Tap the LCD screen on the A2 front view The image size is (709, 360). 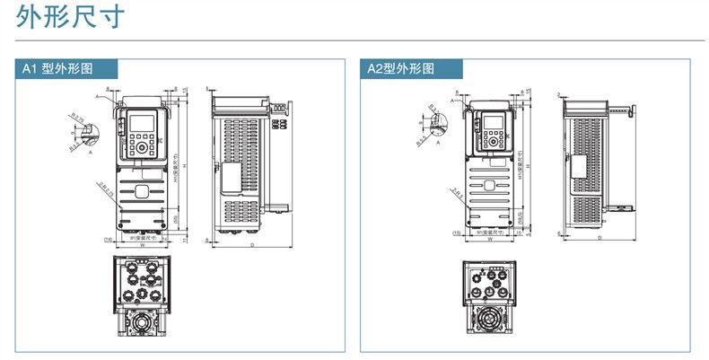pos(493,123)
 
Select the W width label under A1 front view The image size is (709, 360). pos(142,244)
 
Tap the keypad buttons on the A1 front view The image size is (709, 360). pos(142,146)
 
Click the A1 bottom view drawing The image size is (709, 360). pos(142,297)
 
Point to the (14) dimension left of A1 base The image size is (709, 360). pos(109,239)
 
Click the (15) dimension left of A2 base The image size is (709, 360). pos(457,233)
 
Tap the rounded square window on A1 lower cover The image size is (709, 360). pos(142,190)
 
